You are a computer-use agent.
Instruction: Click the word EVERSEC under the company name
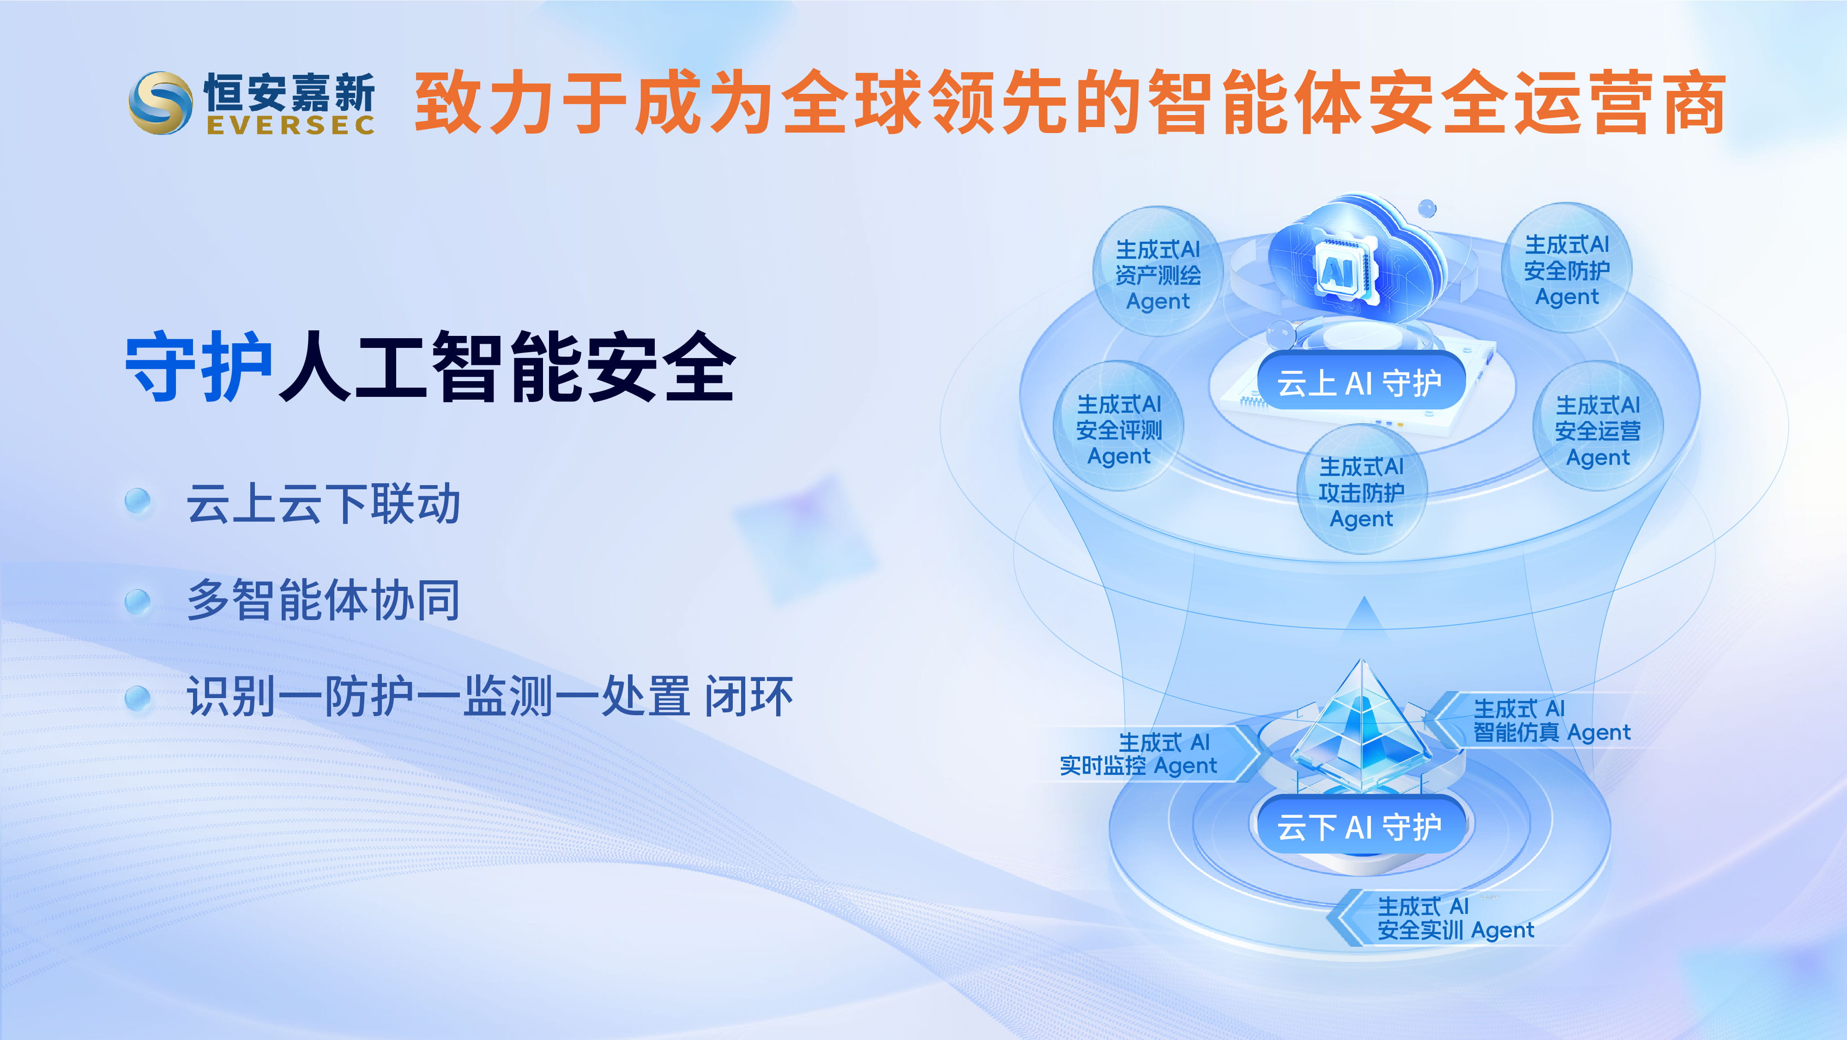pos(290,125)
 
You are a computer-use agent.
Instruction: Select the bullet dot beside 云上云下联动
pos(138,501)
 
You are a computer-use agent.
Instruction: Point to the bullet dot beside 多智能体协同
pos(138,601)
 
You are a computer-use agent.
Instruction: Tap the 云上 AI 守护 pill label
pos(1360,382)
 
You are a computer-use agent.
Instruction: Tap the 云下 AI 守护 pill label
pos(1360,826)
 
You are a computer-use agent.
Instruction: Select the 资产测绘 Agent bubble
pos(1158,272)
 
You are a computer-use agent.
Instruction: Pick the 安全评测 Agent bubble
pos(1118,427)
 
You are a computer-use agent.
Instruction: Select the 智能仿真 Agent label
pos(1551,720)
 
